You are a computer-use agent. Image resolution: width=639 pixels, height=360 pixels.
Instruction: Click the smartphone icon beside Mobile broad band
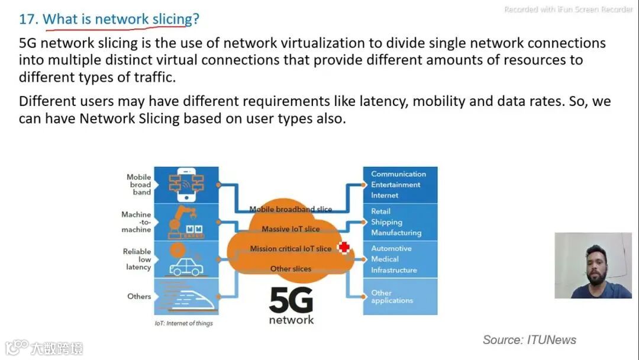[x=186, y=185]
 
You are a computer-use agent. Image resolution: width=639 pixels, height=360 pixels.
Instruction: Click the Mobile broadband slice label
[x=291, y=209]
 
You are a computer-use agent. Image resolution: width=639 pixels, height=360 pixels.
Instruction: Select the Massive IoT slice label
[x=291, y=229]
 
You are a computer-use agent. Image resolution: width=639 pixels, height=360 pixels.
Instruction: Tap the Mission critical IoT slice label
[x=291, y=249]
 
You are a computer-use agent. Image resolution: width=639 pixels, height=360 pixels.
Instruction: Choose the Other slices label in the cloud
[x=291, y=269]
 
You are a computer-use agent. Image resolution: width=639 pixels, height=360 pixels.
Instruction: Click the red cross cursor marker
[x=344, y=247]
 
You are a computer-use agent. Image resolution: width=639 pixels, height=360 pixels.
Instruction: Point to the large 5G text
[x=291, y=301]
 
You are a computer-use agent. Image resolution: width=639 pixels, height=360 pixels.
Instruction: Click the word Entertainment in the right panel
[x=396, y=185]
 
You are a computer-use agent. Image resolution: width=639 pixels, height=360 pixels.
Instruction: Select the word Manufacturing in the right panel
[x=396, y=233]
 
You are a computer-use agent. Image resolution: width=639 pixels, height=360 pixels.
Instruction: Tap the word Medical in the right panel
[x=385, y=259]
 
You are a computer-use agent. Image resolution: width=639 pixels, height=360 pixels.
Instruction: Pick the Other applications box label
[x=392, y=297]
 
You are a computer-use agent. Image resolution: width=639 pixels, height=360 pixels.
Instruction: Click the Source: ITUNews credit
[x=529, y=340]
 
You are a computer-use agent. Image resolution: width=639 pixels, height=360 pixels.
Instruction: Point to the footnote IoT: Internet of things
[x=183, y=323]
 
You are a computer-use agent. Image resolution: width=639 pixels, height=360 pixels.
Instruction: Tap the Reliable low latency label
[x=137, y=259]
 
